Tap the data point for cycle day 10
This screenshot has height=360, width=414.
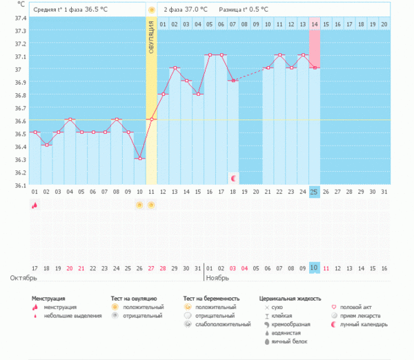click(x=139, y=159)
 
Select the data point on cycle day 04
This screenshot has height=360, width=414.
click(x=70, y=119)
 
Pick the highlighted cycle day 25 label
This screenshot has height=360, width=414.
click(x=315, y=191)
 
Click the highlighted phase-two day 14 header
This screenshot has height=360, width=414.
click(x=315, y=24)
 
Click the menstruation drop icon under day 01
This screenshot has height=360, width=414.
click(x=34, y=206)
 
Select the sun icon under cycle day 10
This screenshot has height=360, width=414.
click(x=139, y=206)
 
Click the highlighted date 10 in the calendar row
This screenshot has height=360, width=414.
click(x=314, y=268)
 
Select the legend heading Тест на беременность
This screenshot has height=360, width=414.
click(x=211, y=298)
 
